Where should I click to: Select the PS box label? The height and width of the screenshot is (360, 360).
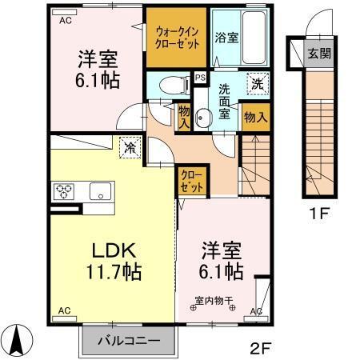(199, 78)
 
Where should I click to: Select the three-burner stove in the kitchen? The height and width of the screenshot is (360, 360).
(64, 192)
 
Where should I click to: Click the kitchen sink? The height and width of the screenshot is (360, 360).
(100, 192)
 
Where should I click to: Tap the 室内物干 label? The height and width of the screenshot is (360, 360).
(214, 302)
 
